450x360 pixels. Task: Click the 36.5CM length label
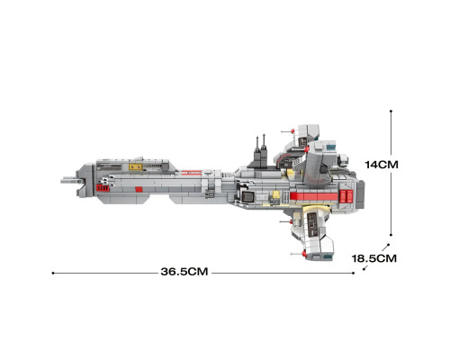click(x=184, y=272)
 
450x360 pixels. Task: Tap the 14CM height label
click(x=382, y=165)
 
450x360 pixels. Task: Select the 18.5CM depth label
click(x=374, y=258)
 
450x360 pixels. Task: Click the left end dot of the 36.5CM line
click(x=53, y=273)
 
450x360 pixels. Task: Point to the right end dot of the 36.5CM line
click(x=354, y=273)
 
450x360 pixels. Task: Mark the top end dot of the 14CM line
click(x=391, y=111)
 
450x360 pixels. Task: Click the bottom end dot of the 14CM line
click(x=391, y=235)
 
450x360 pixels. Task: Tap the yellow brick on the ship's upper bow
click(x=136, y=167)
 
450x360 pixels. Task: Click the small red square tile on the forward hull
click(x=139, y=189)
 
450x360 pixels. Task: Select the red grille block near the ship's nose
click(x=103, y=188)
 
